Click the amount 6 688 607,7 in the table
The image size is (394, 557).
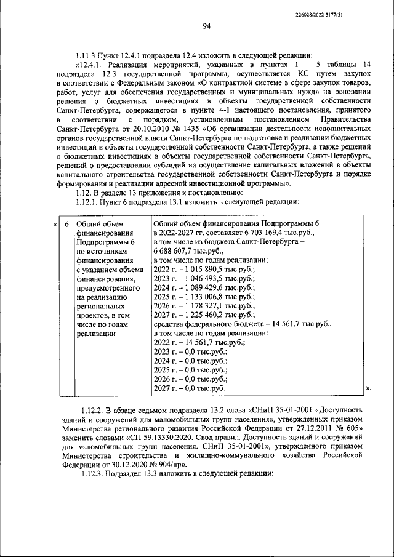(x=176, y=251)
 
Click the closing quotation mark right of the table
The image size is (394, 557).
(x=369, y=388)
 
